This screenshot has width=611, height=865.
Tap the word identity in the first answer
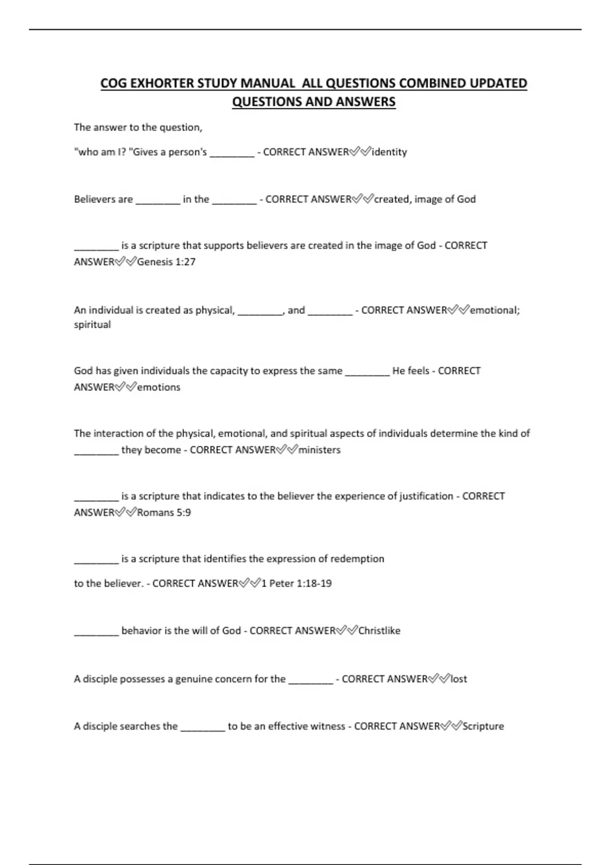tap(390, 152)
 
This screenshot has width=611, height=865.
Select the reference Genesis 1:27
tap(166, 262)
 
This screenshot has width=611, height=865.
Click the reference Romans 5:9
tap(164, 512)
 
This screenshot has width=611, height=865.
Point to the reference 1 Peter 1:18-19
tap(296, 584)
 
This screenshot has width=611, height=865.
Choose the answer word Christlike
tap(379, 631)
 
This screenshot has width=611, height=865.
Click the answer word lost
tap(458, 679)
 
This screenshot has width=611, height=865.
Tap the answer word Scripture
tap(483, 727)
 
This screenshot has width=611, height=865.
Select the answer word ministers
tap(319, 450)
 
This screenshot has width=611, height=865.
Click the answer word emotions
tap(159, 387)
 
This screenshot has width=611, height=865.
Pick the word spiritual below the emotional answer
tap(92, 325)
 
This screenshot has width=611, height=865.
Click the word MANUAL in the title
tap(269, 83)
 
